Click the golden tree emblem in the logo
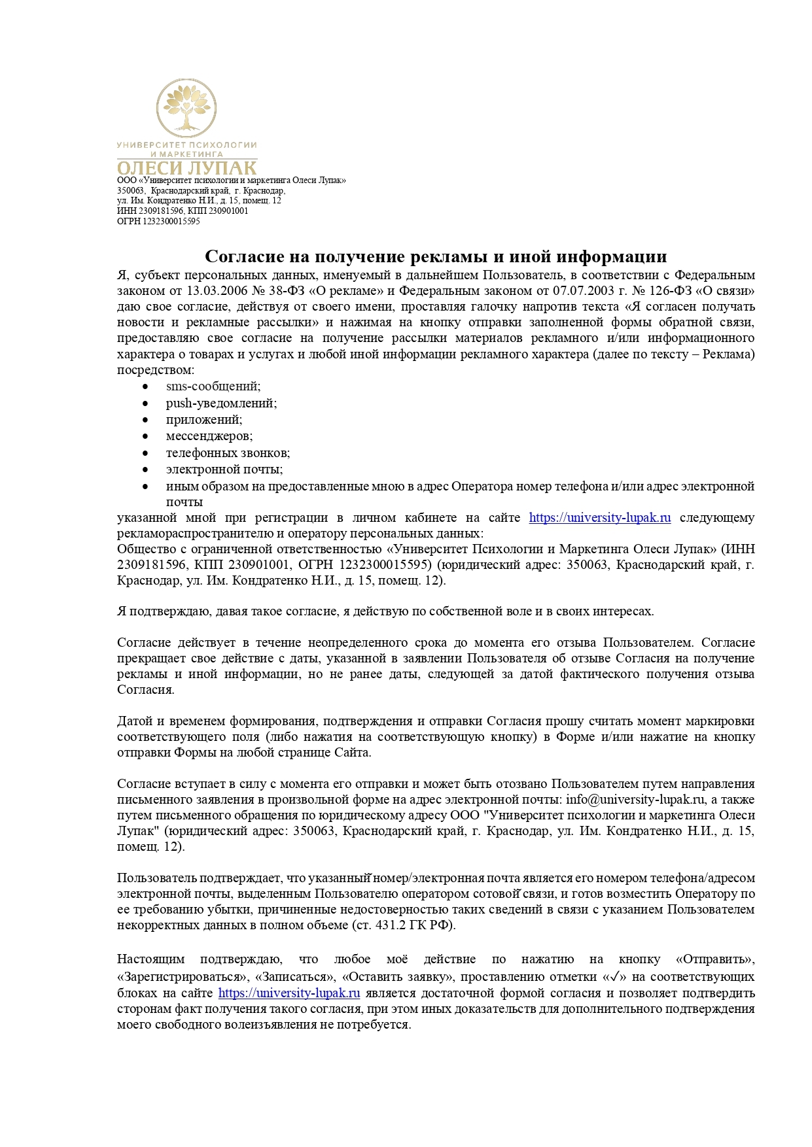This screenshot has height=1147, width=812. (x=186, y=109)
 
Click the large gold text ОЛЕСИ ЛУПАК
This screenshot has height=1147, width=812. (x=186, y=168)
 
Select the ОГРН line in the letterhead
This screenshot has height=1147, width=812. (x=158, y=221)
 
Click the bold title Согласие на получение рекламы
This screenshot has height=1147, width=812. (x=436, y=256)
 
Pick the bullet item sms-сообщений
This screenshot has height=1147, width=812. (x=213, y=386)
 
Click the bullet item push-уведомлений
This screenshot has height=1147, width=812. (x=221, y=403)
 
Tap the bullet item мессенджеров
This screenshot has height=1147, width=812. (x=209, y=436)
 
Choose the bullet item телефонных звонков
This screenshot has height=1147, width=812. (x=228, y=453)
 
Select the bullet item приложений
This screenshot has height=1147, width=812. (x=204, y=419)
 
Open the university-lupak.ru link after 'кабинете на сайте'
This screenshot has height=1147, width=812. (x=599, y=518)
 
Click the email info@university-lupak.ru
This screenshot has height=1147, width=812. (x=635, y=799)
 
